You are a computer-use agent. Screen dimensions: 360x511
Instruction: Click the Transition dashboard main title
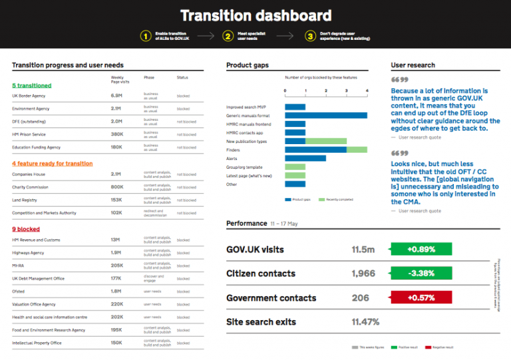255,15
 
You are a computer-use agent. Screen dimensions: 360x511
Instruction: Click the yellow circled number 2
228,37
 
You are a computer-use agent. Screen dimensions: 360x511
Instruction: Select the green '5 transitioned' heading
31,86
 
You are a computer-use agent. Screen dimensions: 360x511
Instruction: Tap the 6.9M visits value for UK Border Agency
116,96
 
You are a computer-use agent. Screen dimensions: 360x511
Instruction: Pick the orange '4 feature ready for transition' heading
52,163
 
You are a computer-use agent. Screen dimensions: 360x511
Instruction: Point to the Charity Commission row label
31,187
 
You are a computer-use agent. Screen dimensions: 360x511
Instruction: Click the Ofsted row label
19,292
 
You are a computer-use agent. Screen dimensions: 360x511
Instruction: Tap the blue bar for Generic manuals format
326,116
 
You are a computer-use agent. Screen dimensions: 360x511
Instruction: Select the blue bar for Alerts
305,159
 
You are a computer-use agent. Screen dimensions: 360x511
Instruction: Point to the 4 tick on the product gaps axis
367,90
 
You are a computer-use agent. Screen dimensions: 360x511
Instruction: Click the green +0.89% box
421,250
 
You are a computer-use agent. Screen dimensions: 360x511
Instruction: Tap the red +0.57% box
421,298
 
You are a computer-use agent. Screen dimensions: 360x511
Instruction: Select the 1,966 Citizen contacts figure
363,274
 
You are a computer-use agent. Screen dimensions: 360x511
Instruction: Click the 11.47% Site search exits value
365,322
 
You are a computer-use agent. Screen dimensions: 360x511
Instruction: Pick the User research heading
413,65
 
